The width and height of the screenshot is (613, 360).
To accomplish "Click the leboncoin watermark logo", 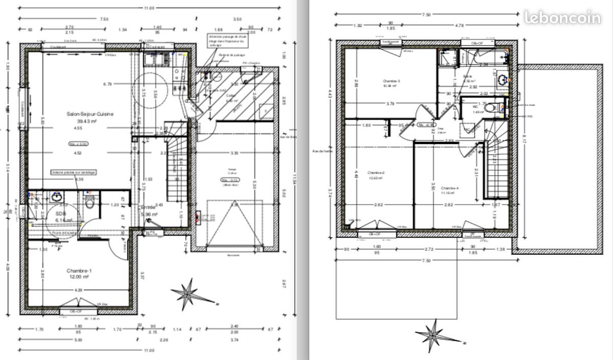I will pos(562,17).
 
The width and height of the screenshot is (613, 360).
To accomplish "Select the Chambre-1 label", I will pos(78,270).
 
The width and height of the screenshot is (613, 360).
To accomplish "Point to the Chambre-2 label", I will pos(376,173).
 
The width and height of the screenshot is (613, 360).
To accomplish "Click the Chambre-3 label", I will pos(391,81).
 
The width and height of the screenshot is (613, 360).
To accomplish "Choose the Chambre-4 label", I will pos(450,188).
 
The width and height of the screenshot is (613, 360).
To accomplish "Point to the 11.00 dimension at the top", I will pos(149,8).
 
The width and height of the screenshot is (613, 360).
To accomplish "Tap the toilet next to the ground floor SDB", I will pos(90,203).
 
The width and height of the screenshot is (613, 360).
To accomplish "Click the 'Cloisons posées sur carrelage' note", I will pos(74,173).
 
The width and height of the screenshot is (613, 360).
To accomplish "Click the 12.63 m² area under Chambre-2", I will pos(376,179).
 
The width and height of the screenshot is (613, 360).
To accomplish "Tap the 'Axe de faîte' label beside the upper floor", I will pos(322,152).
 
